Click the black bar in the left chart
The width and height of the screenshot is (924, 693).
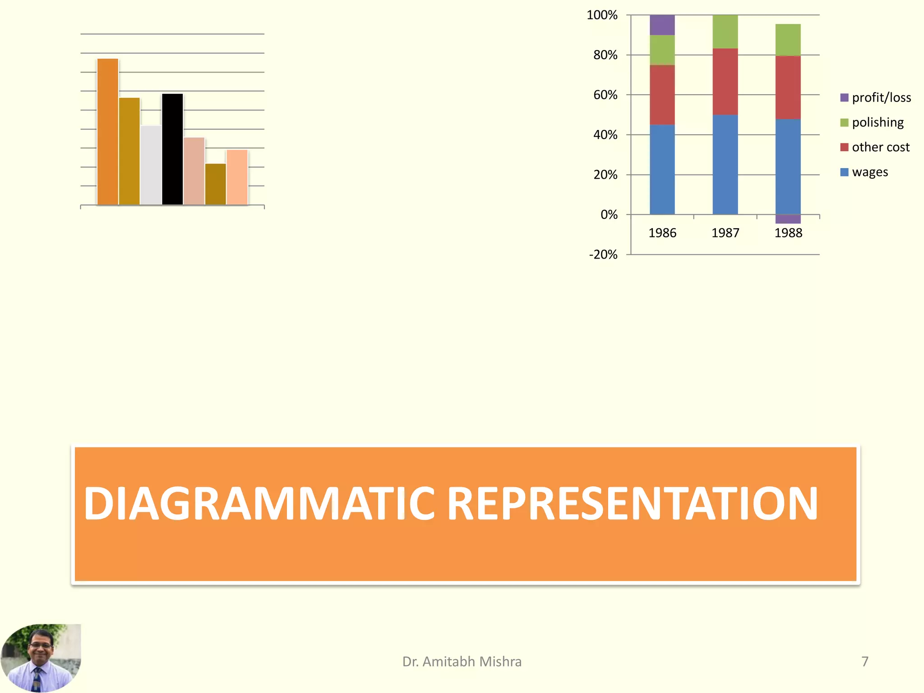(172, 149)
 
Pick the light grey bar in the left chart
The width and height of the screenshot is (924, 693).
(151, 165)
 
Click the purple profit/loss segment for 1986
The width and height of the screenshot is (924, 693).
(662, 25)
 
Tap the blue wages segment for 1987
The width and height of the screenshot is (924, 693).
(725, 165)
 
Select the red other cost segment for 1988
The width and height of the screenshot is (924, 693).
(788, 88)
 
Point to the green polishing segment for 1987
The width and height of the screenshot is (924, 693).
(725, 32)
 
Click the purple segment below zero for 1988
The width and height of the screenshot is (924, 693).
(788, 219)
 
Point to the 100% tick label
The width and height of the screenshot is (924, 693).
(602, 15)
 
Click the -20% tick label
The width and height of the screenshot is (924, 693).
(603, 254)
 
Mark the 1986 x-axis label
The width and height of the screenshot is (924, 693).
(662, 233)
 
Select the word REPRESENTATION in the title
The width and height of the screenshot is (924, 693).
(633, 504)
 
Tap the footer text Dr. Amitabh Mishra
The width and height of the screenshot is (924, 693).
(462, 661)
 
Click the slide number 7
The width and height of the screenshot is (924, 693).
(864, 661)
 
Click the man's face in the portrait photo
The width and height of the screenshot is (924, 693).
(41, 645)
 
